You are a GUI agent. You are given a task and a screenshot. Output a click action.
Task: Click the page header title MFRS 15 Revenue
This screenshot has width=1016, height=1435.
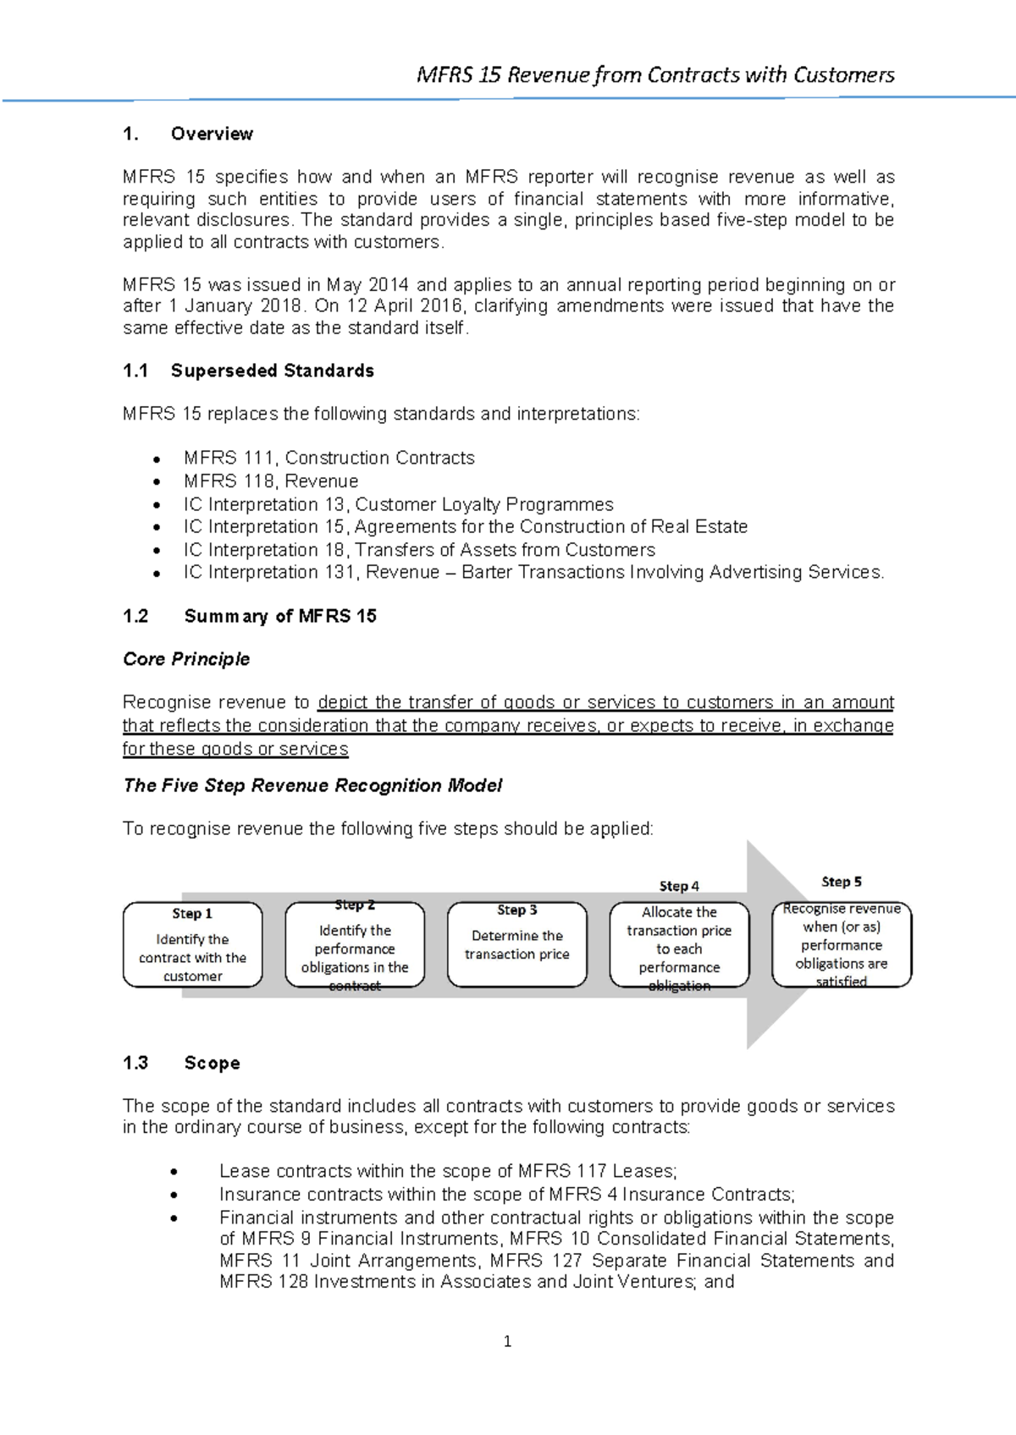point(654,75)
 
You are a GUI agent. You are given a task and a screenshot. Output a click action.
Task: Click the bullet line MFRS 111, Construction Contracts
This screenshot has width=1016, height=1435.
point(329,458)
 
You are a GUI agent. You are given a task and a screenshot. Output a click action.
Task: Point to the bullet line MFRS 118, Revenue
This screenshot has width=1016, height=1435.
point(271,481)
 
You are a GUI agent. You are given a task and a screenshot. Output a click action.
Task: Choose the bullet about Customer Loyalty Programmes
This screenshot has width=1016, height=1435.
point(398,504)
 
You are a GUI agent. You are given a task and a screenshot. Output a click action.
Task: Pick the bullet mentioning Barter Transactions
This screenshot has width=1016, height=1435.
point(533,573)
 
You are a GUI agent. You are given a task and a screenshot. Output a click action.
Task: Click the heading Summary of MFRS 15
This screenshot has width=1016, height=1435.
point(279,616)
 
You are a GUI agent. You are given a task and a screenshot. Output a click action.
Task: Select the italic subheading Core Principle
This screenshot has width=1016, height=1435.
point(186,659)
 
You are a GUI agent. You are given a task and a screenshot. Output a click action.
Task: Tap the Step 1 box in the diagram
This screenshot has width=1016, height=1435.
point(192,945)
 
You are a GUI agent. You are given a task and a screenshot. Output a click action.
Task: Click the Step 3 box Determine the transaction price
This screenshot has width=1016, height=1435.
point(516,945)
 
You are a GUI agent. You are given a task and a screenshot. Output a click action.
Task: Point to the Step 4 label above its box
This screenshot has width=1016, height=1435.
point(679,886)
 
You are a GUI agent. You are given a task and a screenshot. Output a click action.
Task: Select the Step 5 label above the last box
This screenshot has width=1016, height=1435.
point(842,882)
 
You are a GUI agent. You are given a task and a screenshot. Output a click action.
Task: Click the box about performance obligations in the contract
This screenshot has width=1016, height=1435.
point(355,945)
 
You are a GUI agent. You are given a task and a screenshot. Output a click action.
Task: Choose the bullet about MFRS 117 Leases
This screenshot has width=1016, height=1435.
point(447,1171)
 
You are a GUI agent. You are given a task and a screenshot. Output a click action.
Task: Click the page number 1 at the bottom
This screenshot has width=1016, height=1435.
point(507,1341)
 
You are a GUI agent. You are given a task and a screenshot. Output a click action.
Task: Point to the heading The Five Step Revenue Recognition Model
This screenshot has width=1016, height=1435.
point(312,785)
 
